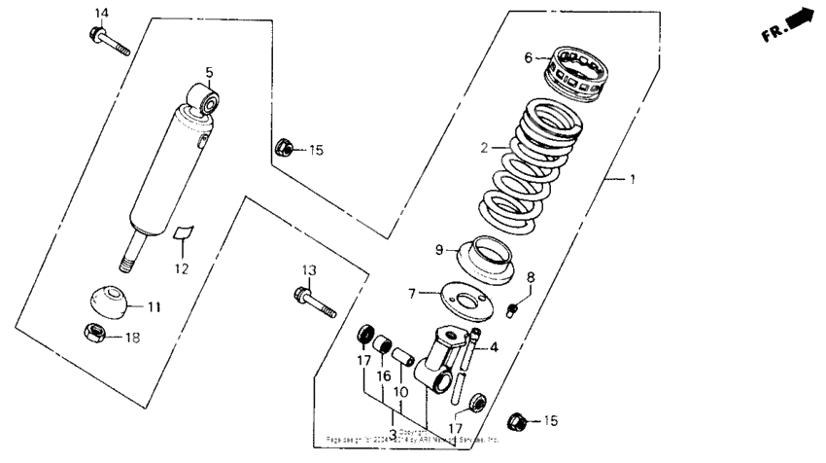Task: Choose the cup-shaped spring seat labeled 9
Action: tap(495, 260)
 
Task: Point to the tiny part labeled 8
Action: tap(514, 310)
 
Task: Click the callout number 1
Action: tap(634, 181)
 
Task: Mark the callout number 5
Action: tap(209, 71)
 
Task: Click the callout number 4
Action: tap(495, 347)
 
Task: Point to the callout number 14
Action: tap(102, 12)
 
